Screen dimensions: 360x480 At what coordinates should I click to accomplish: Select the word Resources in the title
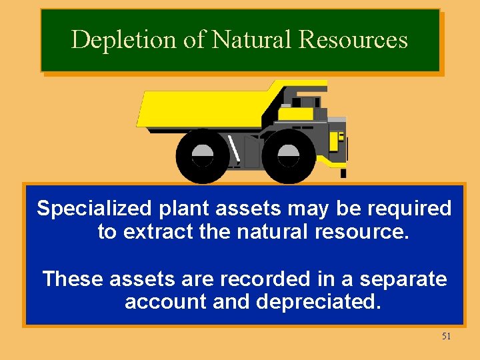pos(353,40)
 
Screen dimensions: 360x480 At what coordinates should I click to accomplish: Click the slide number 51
pos(446,336)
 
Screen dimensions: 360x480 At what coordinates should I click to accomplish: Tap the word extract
pos(156,233)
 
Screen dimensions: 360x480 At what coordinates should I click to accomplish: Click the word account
pos(165,301)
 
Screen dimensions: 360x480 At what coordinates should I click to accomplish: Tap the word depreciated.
pos(319,301)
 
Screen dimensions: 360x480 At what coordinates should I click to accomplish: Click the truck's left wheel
pos(203,156)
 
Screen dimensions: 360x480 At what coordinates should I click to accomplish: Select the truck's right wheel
pos(289,156)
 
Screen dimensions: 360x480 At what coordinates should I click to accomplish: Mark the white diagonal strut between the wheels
pos(234,149)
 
